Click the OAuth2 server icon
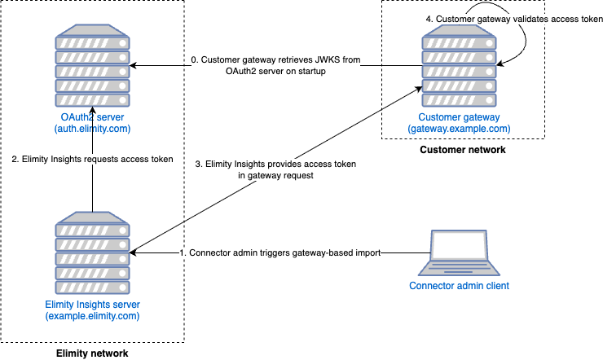click(x=92, y=67)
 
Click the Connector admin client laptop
click(x=459, y=253)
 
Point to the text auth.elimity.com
click(x=92, y=129)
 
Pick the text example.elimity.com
click(x=92, y=316)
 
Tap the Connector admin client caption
click(x=459, y=286)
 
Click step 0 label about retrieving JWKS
click(x=275, y=65)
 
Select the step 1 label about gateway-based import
click(x=280, y=252)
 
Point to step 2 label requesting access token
click(x=93, y=159)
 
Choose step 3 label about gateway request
click(x=275, y=169)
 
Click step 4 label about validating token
click(x=514, y=19)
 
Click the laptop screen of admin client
click(x=459, y=248)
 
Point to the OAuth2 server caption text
click(x=92, y=118)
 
